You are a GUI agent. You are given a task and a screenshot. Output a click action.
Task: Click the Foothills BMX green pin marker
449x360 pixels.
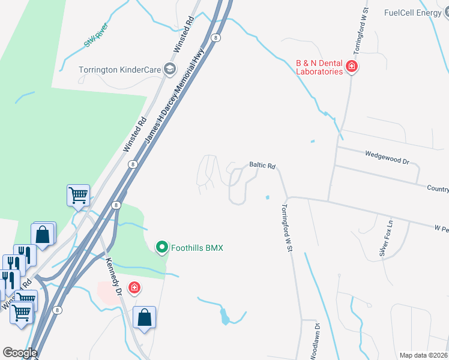(x=161, y=247)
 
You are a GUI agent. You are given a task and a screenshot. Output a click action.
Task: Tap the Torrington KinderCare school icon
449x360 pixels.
(x=170, y=70)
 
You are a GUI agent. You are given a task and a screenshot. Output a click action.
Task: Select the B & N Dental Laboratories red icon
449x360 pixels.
(x=352, y=67)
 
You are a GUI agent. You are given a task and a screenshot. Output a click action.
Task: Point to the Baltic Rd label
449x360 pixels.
(x=262, y=165)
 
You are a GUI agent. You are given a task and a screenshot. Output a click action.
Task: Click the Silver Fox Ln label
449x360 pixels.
(x=385, y=238)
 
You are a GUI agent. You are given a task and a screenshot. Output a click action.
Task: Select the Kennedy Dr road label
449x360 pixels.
(x=113, y=276)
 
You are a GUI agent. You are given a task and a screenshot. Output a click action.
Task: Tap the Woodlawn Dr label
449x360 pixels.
(x=315, y=341)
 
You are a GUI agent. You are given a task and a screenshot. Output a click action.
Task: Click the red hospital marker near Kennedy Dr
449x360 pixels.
(x=134, y=288)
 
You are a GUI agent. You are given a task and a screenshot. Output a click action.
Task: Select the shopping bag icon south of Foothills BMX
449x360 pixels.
(x=145, y=317)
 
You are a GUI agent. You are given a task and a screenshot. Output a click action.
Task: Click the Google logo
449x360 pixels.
(x=20, y=353)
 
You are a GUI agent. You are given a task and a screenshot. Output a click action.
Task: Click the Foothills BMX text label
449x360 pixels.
(x=197, y=247)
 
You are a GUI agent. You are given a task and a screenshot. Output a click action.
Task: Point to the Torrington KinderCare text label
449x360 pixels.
(x=120, y=70)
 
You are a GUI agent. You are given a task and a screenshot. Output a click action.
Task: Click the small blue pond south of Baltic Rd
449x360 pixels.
(x=267, y=197)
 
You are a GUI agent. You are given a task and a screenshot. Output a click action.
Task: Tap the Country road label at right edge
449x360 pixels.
(x=438, y=188)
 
